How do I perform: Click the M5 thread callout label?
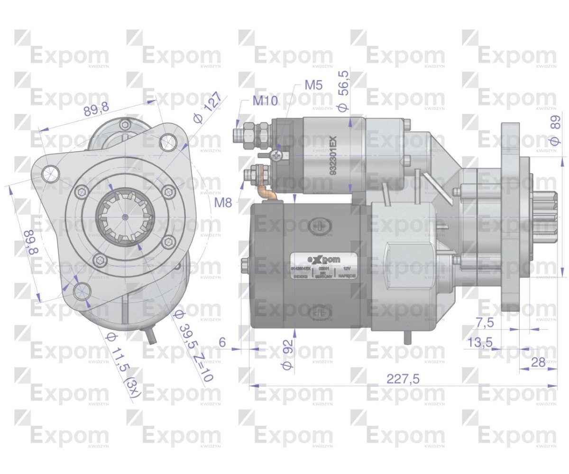313,85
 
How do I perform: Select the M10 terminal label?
265,100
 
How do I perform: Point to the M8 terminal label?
223,203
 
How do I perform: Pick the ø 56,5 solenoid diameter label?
343,91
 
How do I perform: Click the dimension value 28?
538,363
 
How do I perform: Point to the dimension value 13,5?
479,342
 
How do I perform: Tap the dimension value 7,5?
485,322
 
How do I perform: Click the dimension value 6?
222,342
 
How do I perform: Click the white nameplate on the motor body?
324,265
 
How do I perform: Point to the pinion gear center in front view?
124,217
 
